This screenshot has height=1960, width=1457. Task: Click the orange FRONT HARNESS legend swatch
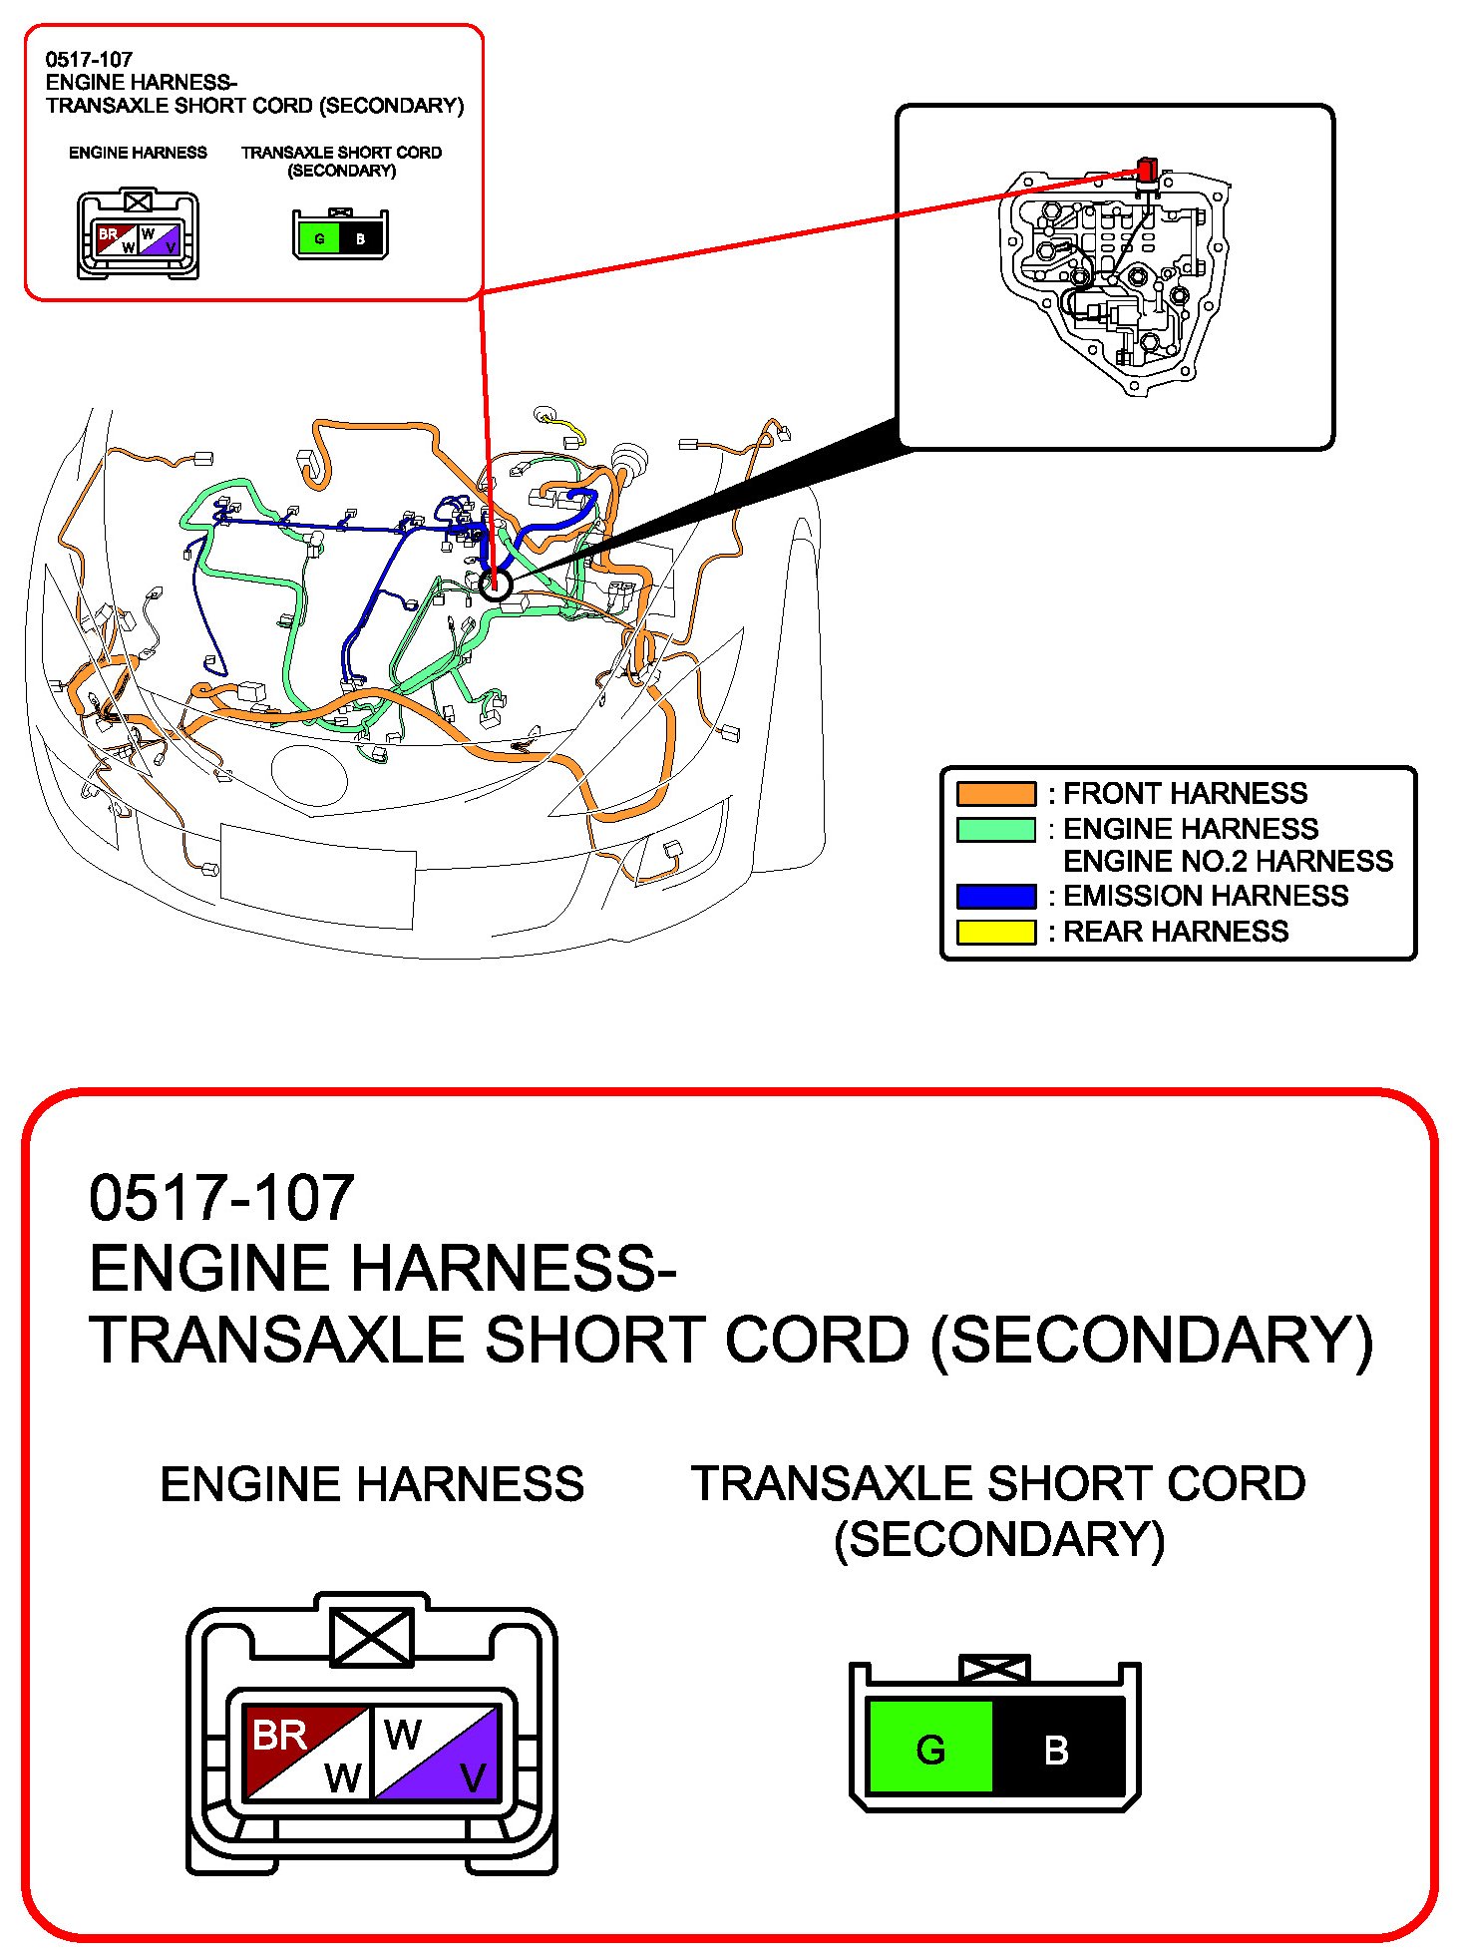coord(995,794)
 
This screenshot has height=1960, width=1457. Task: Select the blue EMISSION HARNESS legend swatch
coord(995,896)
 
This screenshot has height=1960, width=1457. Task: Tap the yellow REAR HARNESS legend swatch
coord(995,932)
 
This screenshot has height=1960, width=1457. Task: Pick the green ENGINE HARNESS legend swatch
coord(995,829)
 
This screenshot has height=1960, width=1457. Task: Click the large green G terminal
coord(930,1749)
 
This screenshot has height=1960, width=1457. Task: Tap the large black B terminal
coord(1057,1749)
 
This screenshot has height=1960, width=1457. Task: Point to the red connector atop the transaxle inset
coord(1147,170)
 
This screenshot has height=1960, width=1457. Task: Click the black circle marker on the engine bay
coord(495,585)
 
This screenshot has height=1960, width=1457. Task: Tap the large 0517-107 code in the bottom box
coord(221,1197)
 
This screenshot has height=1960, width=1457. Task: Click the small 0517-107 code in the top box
coord(89,59)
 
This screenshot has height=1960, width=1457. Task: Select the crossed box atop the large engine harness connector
coord(371,1637)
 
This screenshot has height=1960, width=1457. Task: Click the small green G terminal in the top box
coord(319,238)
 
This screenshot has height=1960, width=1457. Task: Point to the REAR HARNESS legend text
coord(1176,932)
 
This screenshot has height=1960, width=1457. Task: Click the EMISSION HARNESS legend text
coord(1206,896)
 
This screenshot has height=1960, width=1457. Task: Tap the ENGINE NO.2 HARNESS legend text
coord(1228,861)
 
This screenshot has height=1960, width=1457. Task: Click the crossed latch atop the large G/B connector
coord(993,1668)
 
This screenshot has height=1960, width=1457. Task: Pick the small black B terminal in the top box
coord(361,238)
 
